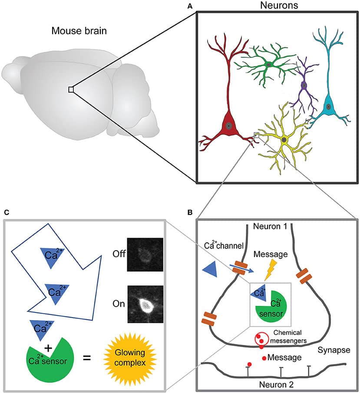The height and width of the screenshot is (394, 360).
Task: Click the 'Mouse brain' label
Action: (79, 31)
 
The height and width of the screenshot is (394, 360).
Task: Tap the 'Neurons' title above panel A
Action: (277, 6)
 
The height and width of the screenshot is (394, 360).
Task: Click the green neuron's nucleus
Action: (269, 64)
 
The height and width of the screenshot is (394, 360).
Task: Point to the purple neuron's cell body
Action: (304, 86)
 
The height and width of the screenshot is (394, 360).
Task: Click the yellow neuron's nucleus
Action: (284, 139)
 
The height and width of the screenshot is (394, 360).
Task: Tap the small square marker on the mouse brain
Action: (71, 89)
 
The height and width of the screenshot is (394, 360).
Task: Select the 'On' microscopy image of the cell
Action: (145, 304)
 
